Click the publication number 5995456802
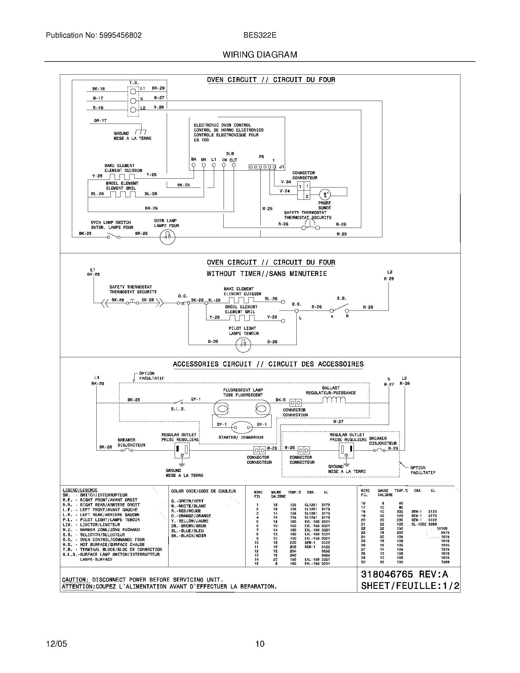120,35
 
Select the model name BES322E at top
260,35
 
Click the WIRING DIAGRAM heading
260,55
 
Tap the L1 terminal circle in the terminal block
133,91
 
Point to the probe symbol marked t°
325,195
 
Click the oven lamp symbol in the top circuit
168,237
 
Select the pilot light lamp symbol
243,344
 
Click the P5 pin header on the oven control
262,167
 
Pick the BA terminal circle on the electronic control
193,165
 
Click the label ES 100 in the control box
201,140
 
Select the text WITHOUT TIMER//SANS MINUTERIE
266,274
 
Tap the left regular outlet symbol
182,451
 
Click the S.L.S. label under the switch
178,409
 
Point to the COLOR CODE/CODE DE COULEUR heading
203,491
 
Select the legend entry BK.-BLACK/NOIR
188,536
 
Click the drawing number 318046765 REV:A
404,574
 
